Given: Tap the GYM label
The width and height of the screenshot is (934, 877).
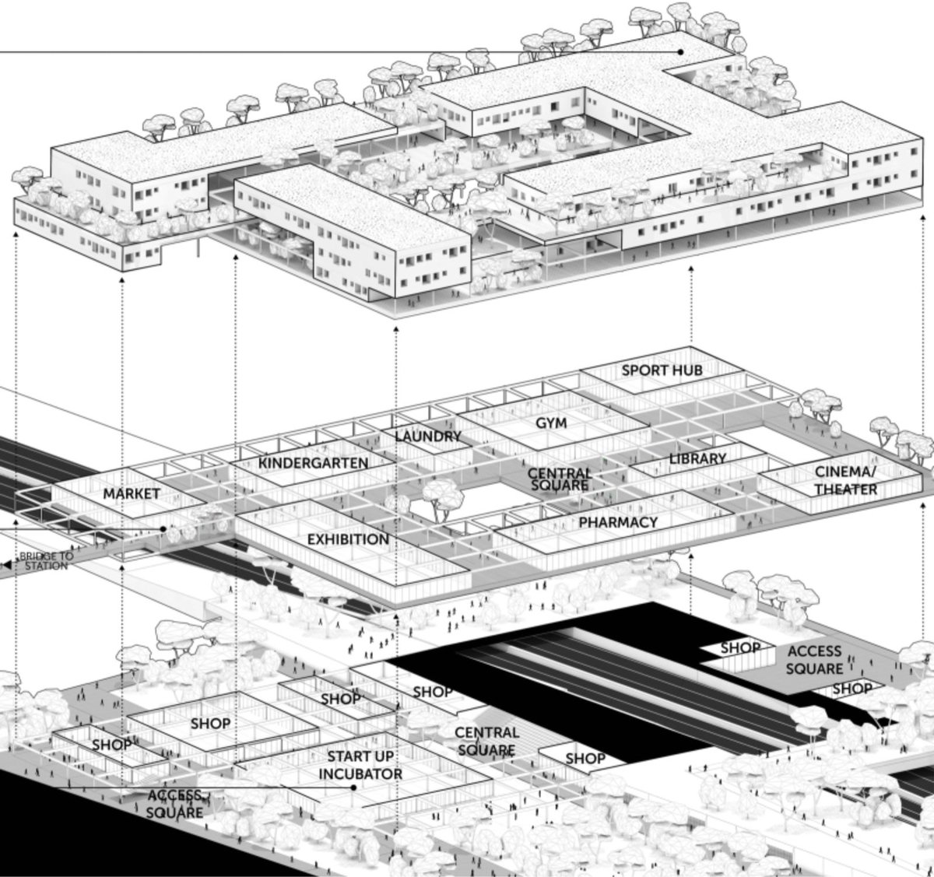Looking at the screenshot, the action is (550, 423).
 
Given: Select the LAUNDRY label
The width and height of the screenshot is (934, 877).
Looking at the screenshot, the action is (427, 437).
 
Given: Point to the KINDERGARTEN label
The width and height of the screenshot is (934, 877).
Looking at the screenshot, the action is (313, 463).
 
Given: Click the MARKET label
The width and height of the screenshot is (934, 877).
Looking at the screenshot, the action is (132, 493).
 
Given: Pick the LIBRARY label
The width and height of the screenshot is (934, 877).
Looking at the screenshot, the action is (697, 459).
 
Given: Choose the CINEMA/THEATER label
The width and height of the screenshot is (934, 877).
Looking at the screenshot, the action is (845, 480).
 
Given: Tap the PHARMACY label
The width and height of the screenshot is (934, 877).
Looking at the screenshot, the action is (618, 522).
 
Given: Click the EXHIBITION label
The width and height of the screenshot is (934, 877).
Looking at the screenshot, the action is (348, 538).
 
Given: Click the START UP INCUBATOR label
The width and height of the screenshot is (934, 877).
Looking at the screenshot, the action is (360, 765).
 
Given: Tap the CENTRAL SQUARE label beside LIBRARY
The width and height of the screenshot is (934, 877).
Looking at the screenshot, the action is (559, 479).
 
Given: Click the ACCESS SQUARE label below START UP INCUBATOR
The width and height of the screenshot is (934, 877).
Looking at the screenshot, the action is (175, 804).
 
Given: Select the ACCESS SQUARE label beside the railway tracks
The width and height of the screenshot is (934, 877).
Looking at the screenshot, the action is (814, 660).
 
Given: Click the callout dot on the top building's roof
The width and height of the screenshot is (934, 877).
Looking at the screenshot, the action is (681, 51).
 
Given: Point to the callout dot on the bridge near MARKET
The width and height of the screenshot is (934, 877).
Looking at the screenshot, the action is (163, 529).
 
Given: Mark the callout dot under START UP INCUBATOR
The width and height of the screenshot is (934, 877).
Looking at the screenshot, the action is (353, 787).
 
